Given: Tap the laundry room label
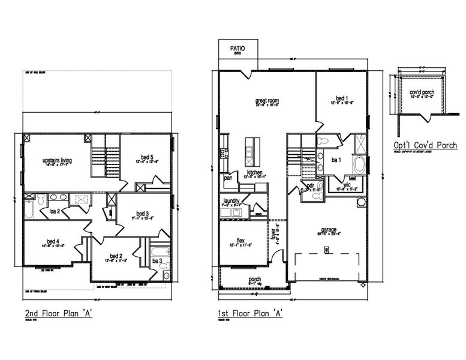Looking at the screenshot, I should tap(232, 201).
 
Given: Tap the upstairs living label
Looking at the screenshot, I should tap(58, 161).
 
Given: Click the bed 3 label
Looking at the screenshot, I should tap(142, 214).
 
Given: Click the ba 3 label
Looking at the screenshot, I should tap(157, 262).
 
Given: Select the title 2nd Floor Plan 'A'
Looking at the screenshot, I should tap(58, 313).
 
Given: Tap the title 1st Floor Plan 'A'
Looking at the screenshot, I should tap(250, 313).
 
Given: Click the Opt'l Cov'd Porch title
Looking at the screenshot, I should tap(425, 145).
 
